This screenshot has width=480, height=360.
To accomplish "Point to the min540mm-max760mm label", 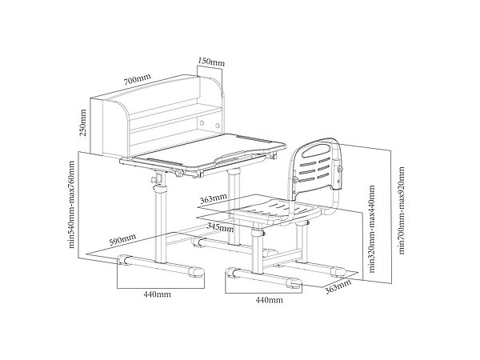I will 73,205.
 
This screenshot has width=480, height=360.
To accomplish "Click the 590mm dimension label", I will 122,238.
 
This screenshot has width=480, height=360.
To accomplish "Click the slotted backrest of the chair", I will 317,167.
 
